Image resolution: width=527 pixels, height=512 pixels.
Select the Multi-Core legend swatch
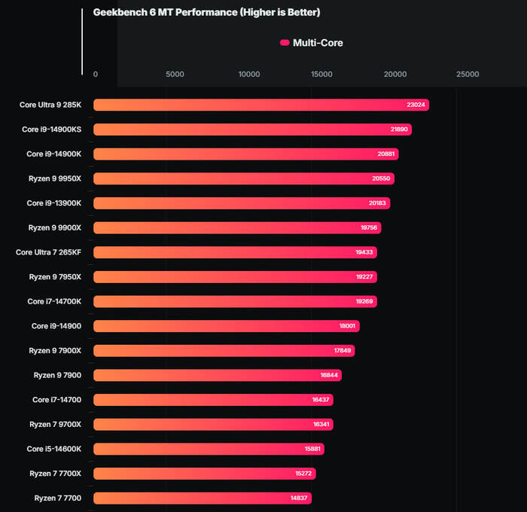tap(285, 43)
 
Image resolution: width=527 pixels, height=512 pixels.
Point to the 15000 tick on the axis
tap(322, 75)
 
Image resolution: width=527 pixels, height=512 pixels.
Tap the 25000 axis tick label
tap(468, 75)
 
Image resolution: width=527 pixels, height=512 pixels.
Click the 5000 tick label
tap(175, 75)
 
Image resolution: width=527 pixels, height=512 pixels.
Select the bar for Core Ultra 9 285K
tap(260, 105)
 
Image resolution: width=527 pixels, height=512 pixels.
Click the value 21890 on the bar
tap(400, 130)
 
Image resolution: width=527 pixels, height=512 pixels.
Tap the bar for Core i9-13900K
tap(241, 203)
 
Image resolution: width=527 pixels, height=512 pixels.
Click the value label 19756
tap(370, 227)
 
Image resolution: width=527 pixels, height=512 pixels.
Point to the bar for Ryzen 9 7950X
tap(235, 277)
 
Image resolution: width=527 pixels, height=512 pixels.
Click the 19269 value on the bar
tap(365, 301)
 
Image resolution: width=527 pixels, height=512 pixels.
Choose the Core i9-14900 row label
tap(56, 326)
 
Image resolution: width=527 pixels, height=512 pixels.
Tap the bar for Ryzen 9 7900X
tap(224, 350)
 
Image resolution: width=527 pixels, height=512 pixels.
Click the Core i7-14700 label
tap(56, 400)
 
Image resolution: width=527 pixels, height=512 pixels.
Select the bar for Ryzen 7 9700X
tap(213, 424)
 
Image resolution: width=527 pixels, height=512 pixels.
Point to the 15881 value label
tap(313, 449)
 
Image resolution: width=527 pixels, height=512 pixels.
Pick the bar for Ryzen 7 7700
tap(202, 498)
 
